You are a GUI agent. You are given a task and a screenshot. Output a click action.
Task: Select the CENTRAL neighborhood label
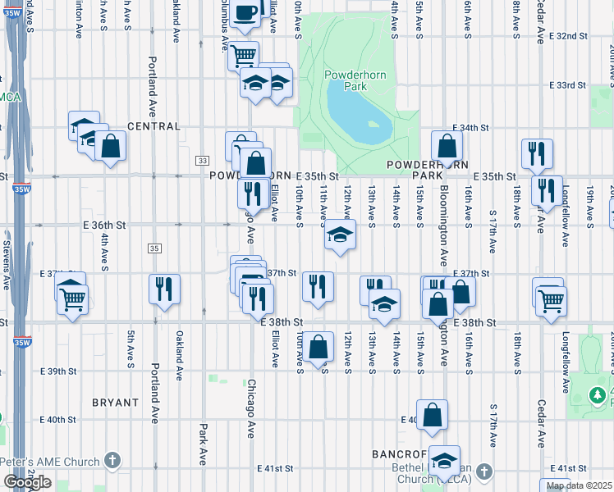coord(153,126)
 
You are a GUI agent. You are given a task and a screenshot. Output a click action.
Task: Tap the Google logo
coord(27,482)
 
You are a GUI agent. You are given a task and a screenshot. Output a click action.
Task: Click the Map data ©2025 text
coord(579,485)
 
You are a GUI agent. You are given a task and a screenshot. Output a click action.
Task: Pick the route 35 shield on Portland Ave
coord(153,248)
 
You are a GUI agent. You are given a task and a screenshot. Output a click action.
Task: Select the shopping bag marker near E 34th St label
coord(447,148)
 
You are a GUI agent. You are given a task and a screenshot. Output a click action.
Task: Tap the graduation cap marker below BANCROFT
coord(445,462)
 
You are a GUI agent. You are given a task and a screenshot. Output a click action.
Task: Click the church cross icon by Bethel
coord(484,471)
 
